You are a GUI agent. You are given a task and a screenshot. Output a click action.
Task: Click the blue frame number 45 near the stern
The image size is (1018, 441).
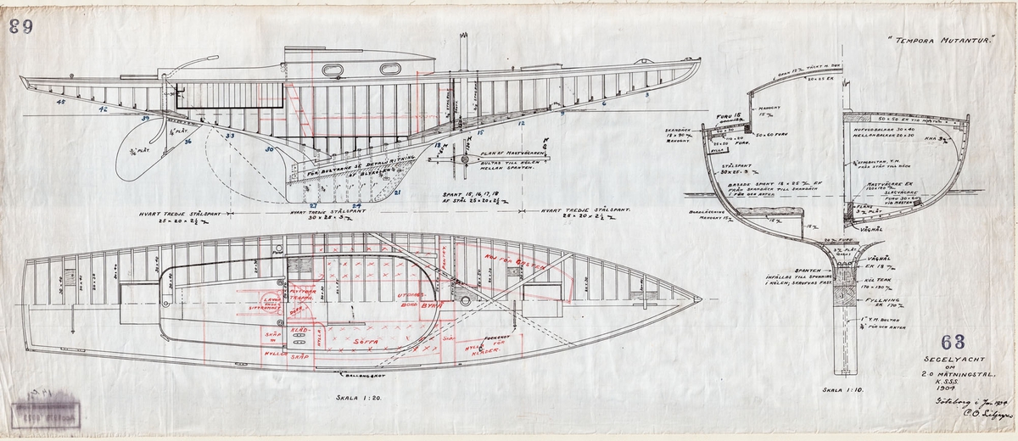(61, 103)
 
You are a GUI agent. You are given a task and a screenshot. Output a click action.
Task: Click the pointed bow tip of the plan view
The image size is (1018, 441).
(701, 299)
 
